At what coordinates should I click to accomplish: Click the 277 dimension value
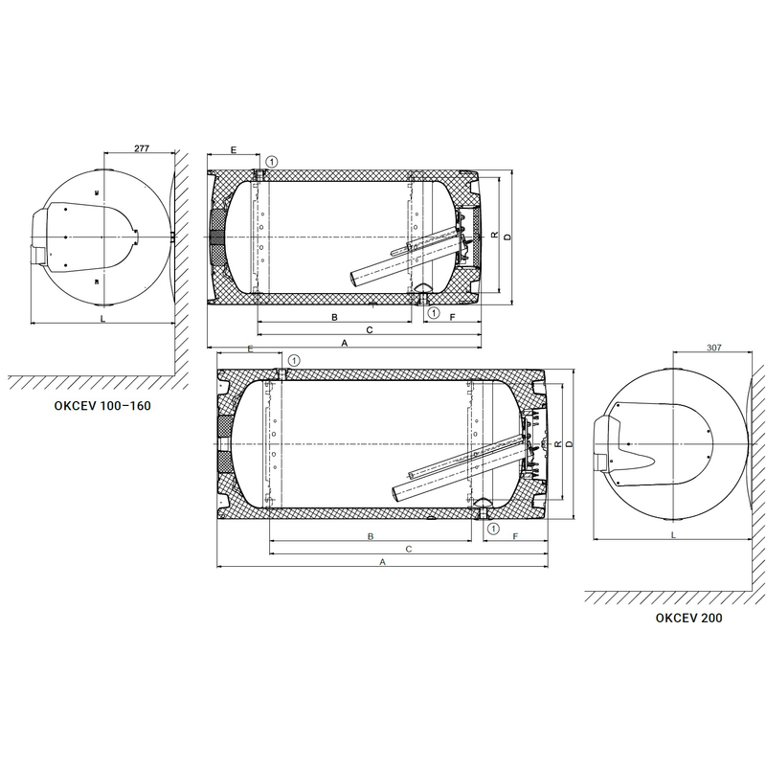[141, 148]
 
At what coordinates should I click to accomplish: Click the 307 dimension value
[713, 348]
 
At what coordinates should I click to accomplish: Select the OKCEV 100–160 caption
[102, 405]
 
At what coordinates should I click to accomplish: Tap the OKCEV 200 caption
[688, 618]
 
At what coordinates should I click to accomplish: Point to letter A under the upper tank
[345, 343]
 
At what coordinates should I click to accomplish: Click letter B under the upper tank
[334, 318]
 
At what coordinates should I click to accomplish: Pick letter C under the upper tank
[370, 330]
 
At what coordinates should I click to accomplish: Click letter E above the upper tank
[233, 149]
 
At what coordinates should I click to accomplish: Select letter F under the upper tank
[452, 318]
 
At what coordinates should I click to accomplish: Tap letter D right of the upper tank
[507, 237]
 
